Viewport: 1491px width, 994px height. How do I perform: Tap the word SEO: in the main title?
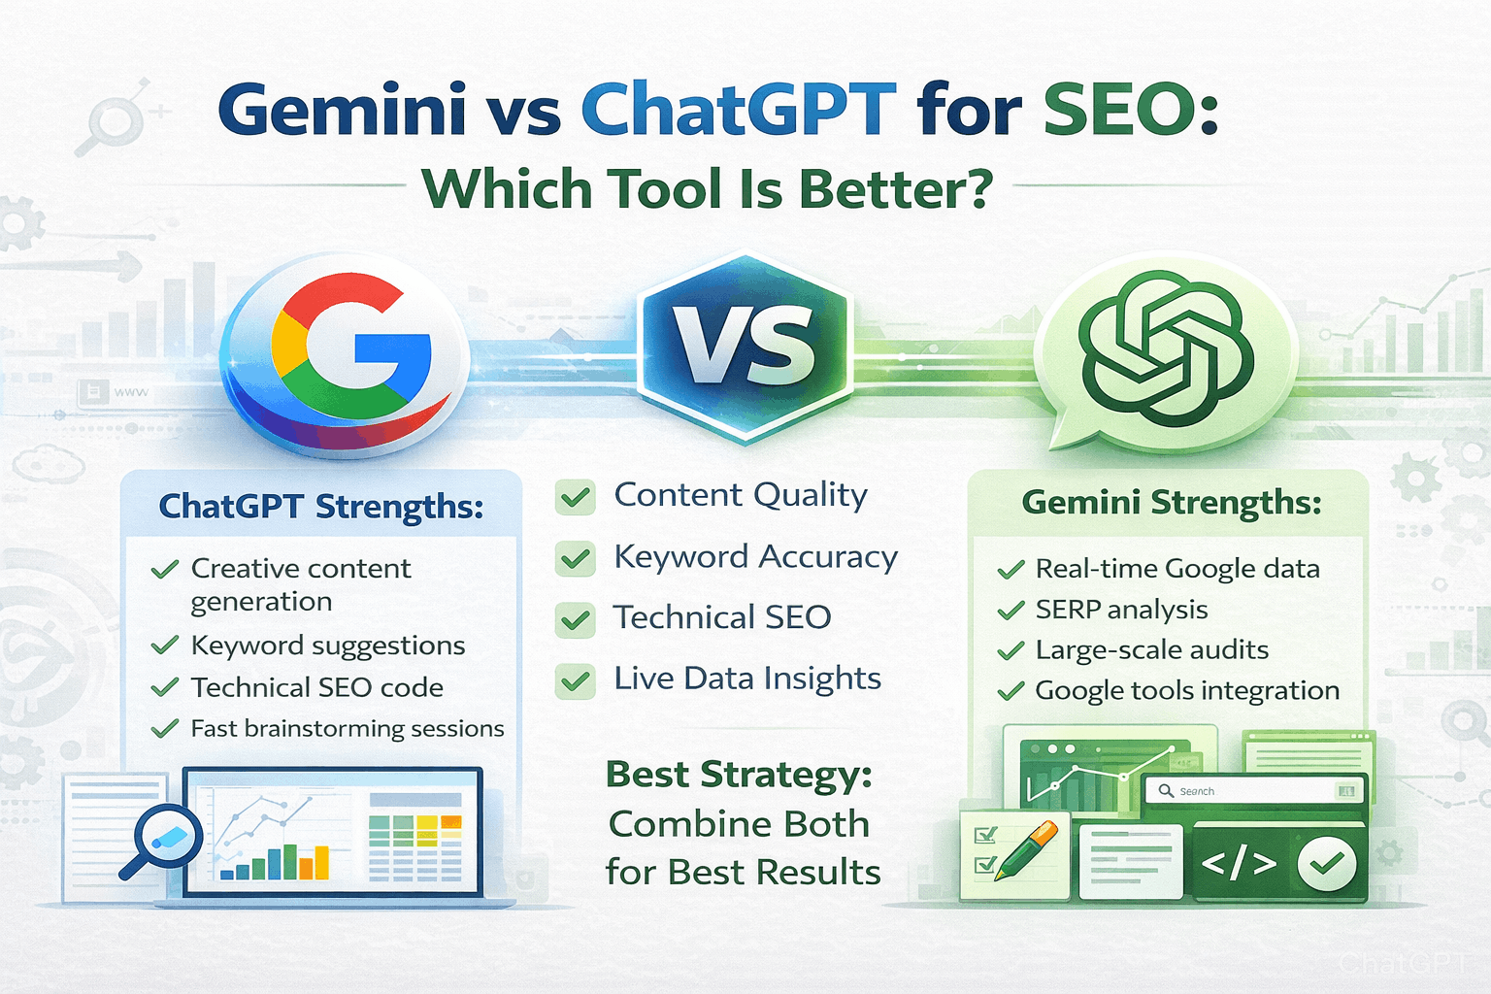tap(1130, 109)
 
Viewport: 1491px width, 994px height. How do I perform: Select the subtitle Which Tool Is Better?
tap(708, 189)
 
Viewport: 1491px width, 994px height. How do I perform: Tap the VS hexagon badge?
tap(745, 348)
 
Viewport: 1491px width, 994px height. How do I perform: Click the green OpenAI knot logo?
tap(1166, 349)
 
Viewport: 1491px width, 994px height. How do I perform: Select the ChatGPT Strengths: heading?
tap(321, 507)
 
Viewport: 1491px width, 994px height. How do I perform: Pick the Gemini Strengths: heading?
tap(1172, 503)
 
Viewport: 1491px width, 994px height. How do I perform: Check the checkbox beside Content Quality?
tap(576, 497)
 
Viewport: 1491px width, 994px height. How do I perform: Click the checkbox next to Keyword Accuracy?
tap(576, 559)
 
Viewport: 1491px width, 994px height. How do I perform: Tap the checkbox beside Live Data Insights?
tap(576, 681)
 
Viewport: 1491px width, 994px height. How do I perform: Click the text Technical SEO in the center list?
tap(722, 617)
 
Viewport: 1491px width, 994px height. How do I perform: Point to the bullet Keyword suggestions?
tap(328, 646)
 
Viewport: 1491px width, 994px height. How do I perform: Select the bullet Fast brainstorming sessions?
tap(348, 729)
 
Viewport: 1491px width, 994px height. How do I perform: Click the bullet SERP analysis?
tap(1121, 610)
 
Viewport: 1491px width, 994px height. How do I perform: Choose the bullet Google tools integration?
tap(1186, 691)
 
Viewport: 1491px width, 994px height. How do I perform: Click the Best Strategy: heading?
tap(739, 776)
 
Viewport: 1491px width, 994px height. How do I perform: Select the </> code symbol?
tap(1239, 863)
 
